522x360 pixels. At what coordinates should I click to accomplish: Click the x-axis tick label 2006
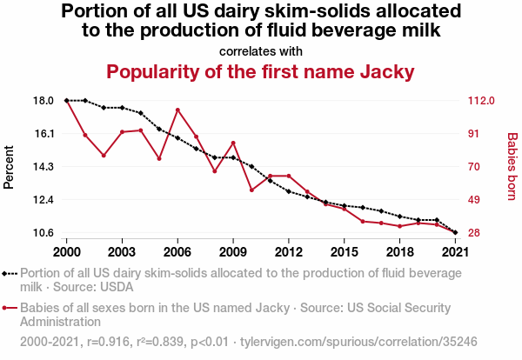[x=177, y=251]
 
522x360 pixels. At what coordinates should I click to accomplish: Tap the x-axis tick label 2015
[x=344, y=251]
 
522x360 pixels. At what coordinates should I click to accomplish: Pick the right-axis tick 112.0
[x=480, y=101]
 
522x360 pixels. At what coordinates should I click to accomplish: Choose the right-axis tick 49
[x=474, y=200]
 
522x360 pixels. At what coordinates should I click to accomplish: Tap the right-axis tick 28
[x=474, y=233]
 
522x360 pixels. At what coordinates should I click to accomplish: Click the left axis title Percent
[x=10, y=166]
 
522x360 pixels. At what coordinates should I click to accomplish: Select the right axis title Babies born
[x=512, y=166]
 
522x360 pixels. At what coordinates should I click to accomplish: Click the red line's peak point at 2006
[x=177, y=110]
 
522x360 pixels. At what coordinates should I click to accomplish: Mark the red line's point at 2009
[x=233, y=143]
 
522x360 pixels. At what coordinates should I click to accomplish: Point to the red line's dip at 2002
[x=104, y=156]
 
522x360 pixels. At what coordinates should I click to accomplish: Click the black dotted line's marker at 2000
[x=67, y=101]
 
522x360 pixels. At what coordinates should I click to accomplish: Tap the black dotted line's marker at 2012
[x=288, y=191]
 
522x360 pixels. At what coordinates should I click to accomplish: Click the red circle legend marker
[x=5, y=308]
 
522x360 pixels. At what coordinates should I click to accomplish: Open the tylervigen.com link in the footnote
[x=365, y=342]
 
